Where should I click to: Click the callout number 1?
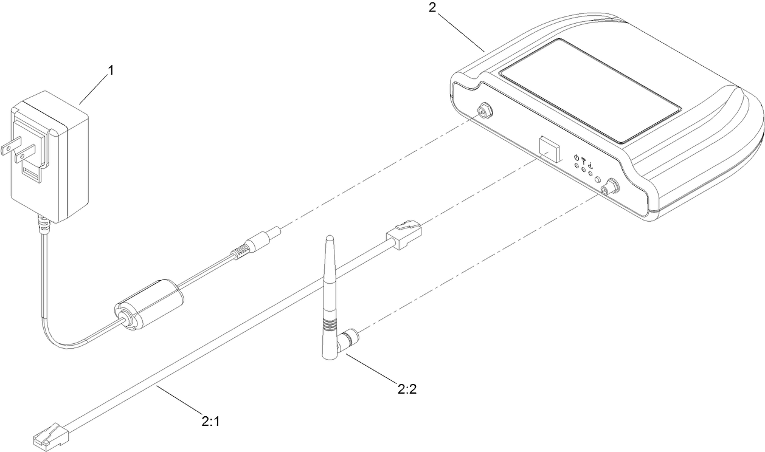pos(111,70)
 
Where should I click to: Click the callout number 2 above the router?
pos(433,9)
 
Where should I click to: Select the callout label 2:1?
pos(210,420)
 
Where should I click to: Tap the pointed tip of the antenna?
pos(328,238)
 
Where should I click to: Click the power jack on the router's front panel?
pos(485,111)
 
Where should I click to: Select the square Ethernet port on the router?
pos(549,148)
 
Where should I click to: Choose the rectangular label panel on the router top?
pos(590,91)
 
